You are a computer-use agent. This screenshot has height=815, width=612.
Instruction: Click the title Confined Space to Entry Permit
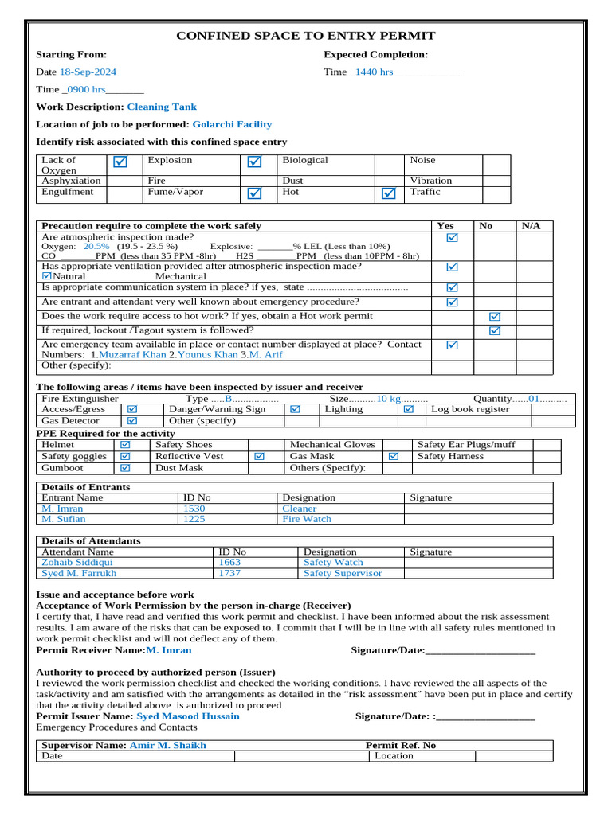[305, 36]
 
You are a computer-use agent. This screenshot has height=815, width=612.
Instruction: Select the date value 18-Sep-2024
[88, 72]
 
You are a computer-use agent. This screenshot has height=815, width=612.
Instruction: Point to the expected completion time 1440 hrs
[374, 72]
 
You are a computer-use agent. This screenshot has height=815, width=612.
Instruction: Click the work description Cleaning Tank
[162, 107]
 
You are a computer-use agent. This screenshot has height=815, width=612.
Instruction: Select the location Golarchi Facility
[232, 124]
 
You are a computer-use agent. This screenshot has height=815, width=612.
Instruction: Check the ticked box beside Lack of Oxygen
[120, 162]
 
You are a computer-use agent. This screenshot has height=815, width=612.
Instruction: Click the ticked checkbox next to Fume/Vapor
[254, 193]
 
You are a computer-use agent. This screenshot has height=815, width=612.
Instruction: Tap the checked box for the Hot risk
[388, 193]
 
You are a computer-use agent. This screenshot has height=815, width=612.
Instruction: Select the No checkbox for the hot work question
[494, 317]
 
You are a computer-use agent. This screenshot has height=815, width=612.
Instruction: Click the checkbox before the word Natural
[46, 276]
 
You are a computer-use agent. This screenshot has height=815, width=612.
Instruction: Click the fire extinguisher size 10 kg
[388, 398]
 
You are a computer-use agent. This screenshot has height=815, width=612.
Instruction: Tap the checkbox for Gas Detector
[132, 420]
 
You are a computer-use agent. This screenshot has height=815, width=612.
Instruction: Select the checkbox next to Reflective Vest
[259, 457]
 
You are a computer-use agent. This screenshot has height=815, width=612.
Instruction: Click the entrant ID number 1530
[194, 508]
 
